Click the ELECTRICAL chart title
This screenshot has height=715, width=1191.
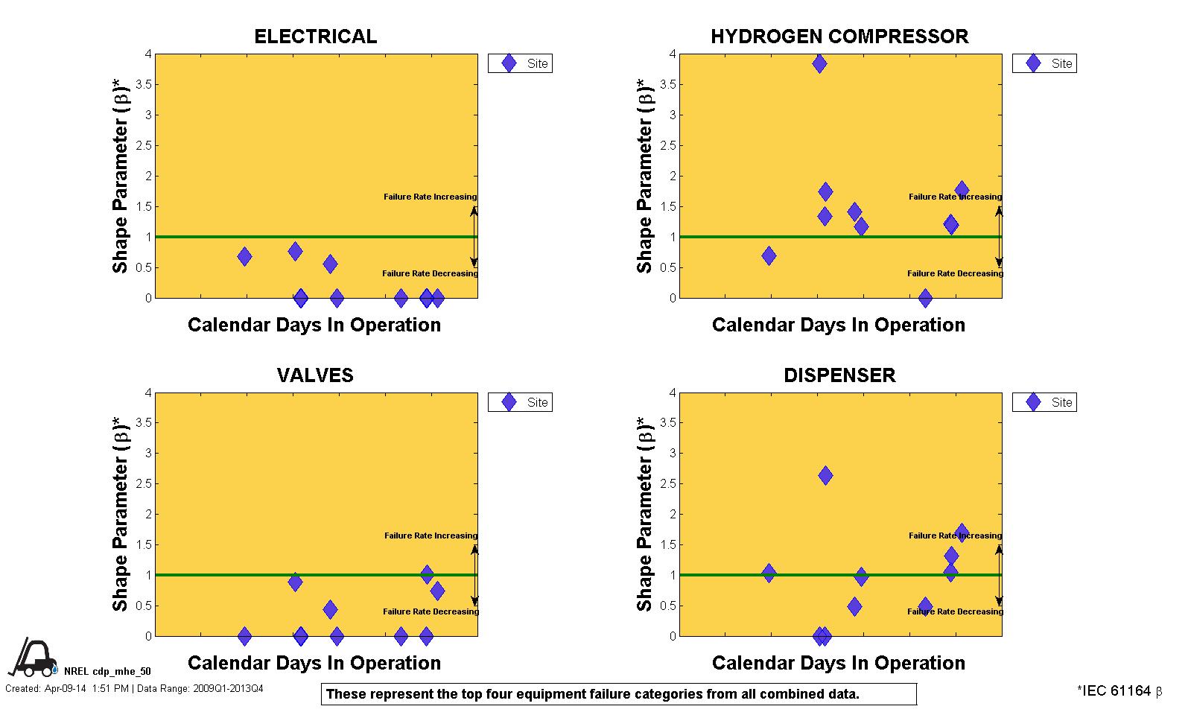pyautogui.click(x=315, y=36)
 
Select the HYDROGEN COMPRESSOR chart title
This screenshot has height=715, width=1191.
pyautogui.click(x=839, y=36)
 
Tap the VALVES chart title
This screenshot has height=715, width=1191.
pyautogui.click(x=315, y=375)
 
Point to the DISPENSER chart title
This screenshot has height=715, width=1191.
pyautogui.click(x=839, y=375)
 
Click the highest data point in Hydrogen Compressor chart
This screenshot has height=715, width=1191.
pyautogui.click(x=819, y=63)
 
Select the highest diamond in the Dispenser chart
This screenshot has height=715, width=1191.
pyautogui.click(x=825, y=475)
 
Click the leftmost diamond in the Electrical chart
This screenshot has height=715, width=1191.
pyautogui.click(x=244, y=256)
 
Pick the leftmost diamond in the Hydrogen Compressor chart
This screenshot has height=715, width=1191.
pyautogui.click(x=769, y=255)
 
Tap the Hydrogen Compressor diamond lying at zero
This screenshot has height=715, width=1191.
pyautogui.click(x=925, y=298)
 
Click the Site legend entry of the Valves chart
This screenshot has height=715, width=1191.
pyautogui.click(x=521, y=402)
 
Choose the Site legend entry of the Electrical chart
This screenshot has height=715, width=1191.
pyautogui.click(x=521, y=63)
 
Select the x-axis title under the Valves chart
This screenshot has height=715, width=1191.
pyautogui.click(x=314, y=663)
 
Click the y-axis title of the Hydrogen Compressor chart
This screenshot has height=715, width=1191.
pyautogui.click(x=644, y=176)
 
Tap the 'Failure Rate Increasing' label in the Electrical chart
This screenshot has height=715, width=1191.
pyautogui.click(x=430, y=197)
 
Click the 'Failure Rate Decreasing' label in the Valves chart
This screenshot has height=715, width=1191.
pyautogui.click(x=431, y=611)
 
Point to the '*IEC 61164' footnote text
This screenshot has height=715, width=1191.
pyautogui.click(x=1119, y=691)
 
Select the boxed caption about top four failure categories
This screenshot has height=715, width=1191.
pyautogui.click(x=618, y=694)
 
